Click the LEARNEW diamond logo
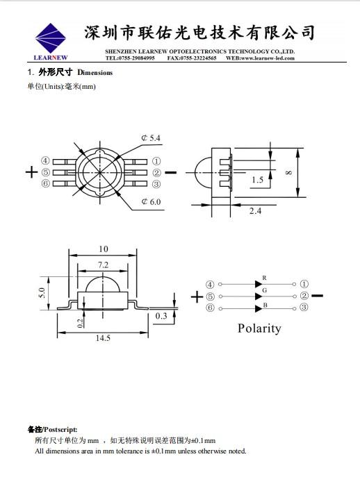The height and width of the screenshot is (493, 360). point(50,38)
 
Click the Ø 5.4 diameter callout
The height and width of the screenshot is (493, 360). point(151,138)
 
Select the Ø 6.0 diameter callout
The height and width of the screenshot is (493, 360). point(151,201)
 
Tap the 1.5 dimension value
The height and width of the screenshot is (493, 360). point(257,180)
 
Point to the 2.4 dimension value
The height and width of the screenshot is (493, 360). point(255,210)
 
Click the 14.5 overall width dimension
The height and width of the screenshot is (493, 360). point(103,338)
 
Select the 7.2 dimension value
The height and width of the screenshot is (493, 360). point(103,265)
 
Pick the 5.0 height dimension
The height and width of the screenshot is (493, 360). point(42,293)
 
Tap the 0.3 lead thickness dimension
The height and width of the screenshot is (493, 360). point(161,316)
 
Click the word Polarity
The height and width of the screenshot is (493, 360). point(259,328)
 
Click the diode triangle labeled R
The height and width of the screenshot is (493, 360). point(259,284)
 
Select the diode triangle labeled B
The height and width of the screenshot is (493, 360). point(259,308)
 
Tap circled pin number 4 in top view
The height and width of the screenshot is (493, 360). point(46,160)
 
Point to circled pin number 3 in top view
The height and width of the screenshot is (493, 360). point(156,184)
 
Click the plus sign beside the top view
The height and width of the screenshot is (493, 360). point(31,172)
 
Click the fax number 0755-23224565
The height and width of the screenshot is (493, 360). point(198,58)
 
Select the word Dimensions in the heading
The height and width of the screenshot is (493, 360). point(95,73)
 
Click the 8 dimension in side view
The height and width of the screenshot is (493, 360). point(289,172)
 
